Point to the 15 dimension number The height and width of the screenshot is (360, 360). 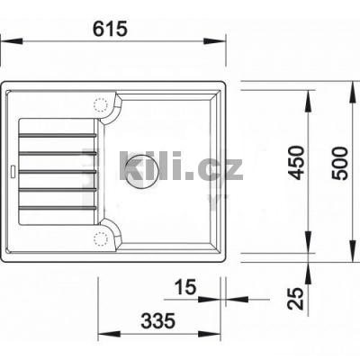point(184,287)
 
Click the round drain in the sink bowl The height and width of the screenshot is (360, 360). point(143,170)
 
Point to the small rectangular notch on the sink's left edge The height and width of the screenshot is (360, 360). point(12,170)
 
